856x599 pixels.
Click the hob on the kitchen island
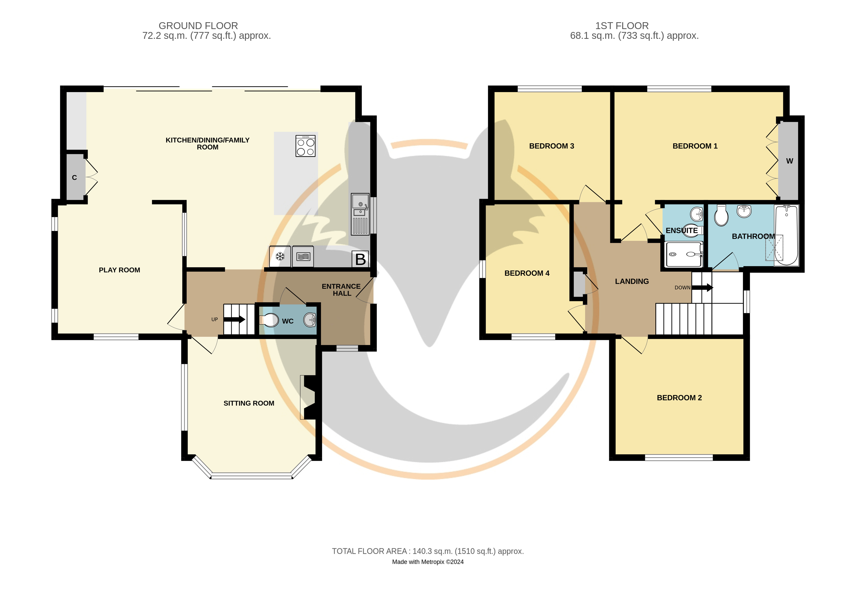(x=305, y=146)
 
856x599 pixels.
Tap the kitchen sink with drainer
(x=360, y=214)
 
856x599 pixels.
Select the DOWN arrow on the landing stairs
(x=703, y=288)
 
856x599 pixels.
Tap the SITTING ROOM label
(x=249, y=403)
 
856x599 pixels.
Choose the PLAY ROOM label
(x=119, y=270)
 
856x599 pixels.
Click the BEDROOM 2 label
(x=679, y=398)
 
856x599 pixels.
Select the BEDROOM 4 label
(x=527, y=273)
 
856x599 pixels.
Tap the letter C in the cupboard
(x=74, y=178)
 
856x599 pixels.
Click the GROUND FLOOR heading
(x=198, y=26)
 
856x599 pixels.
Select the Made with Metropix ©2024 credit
(x=428, y=562)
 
